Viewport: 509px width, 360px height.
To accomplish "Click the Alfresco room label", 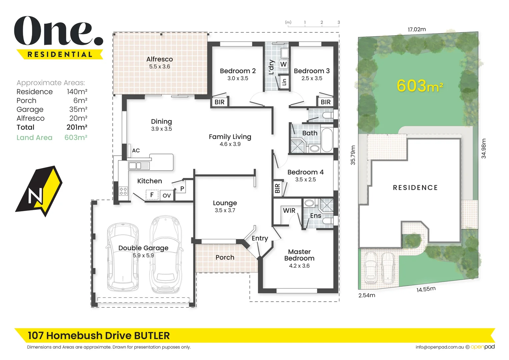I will coord(159,59).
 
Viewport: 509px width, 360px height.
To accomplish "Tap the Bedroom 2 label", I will coord(238,71).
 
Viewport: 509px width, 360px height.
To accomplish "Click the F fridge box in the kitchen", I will coord(152,195).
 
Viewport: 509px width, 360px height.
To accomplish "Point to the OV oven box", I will coord(167,195).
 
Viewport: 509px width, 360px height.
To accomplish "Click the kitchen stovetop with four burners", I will coord(123,191).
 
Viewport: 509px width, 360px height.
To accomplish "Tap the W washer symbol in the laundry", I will coord(283,64).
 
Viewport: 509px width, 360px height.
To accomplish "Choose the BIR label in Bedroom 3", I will coord(325,102).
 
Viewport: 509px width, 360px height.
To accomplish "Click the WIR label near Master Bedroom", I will coord(289,211).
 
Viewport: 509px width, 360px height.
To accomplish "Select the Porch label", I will coord(225,257).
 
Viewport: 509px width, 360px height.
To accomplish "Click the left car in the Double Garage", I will coord(123,257).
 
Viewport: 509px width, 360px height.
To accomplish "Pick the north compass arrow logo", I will coord(39,191).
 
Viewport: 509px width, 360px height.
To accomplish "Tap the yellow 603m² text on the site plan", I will coord(420,86).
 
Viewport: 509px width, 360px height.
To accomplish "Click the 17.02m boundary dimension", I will coord(417,29).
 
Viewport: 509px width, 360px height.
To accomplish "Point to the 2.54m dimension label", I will coord(367,295).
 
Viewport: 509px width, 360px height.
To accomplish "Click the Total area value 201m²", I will coord(77,127).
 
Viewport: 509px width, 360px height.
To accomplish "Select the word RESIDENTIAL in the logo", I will coord(60,54).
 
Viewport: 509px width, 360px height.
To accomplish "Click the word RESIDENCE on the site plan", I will coord(415,188).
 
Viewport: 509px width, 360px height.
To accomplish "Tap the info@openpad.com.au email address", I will coord(439,347).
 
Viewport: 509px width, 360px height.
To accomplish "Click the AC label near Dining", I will coord(136,150).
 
